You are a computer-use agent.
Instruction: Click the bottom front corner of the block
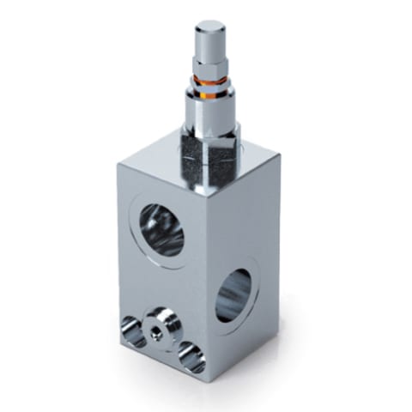205,379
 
